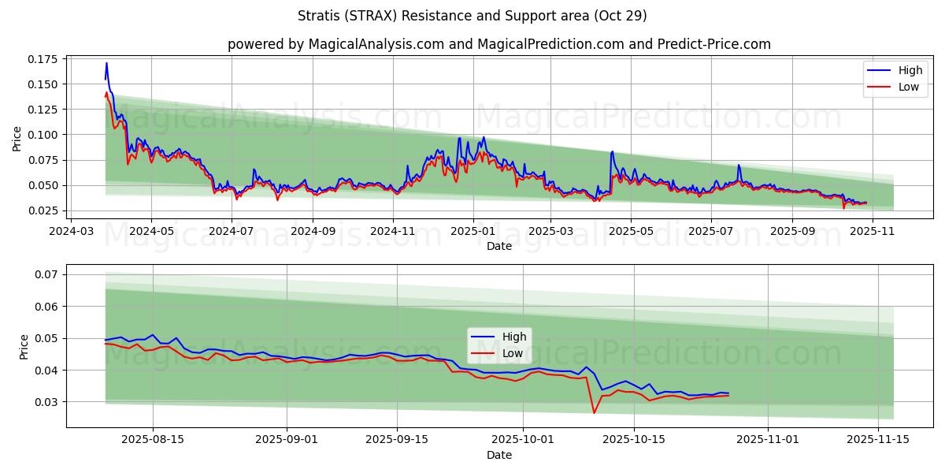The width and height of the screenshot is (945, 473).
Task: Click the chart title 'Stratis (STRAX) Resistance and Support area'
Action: (472, 16)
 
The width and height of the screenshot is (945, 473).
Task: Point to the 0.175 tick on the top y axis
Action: (44, 59)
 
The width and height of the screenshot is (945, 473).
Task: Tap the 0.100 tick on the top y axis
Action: (44, 135)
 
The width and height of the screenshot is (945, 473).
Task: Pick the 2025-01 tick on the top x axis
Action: (473, 232)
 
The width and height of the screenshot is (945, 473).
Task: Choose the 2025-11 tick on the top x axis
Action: (870, 232)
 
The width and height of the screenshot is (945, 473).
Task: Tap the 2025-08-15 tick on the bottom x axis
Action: (153, 440)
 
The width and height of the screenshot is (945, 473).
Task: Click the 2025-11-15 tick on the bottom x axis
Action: (878, 440)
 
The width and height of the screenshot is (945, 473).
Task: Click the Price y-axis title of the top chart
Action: (17, 138)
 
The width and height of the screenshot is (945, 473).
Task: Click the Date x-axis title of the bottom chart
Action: (499, 455)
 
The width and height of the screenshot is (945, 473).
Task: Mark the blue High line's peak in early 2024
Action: (106, 63)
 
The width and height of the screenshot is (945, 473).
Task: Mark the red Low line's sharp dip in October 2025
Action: (594, 412)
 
